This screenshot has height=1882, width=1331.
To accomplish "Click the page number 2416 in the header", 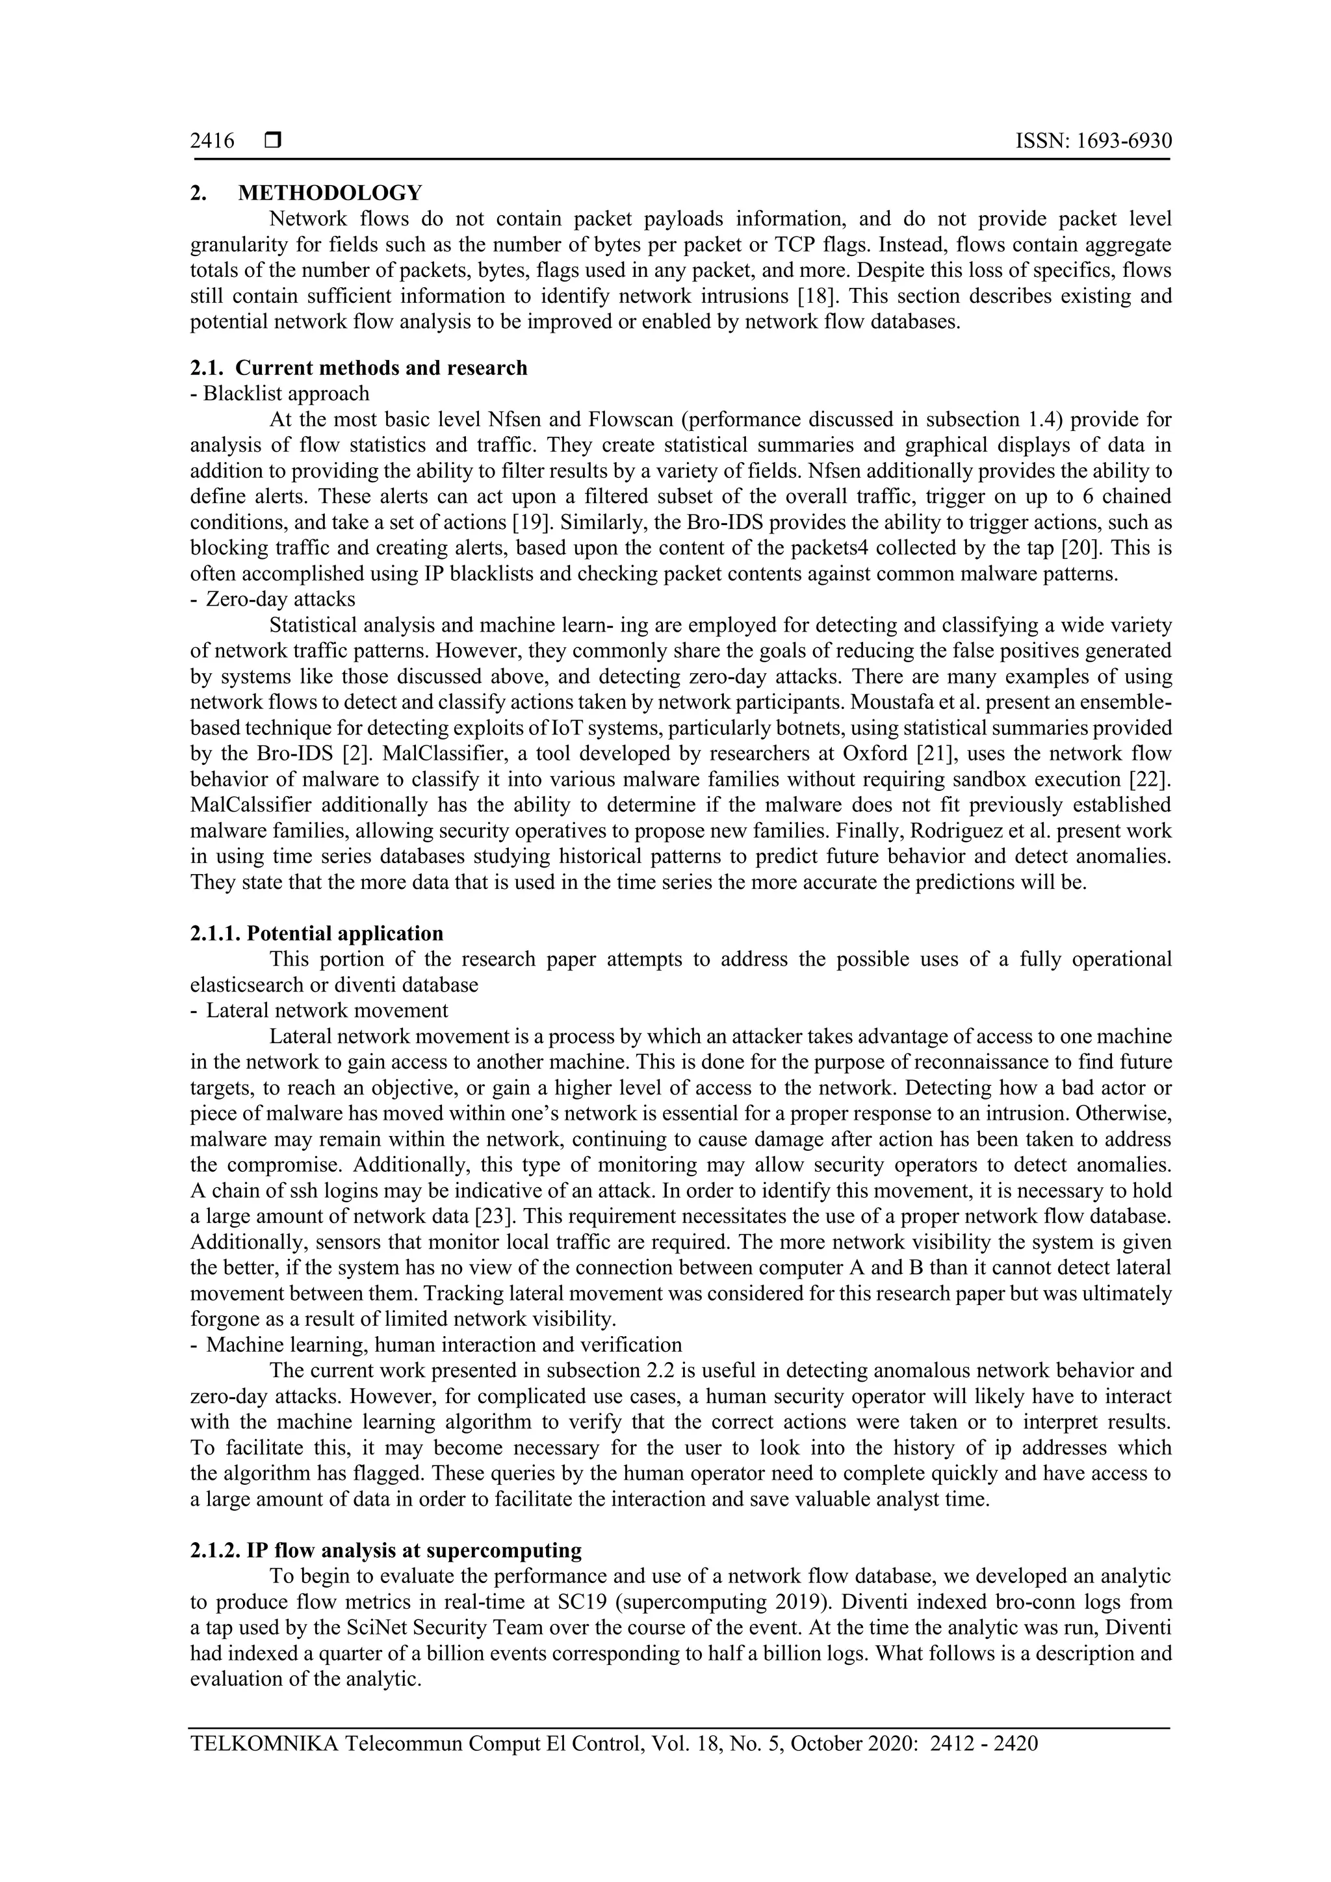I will (x=213, y=142).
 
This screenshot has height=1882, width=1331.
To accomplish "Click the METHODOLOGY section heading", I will (x=330, y=194).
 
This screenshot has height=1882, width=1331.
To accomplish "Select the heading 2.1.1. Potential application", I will (x=317, y=934).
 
